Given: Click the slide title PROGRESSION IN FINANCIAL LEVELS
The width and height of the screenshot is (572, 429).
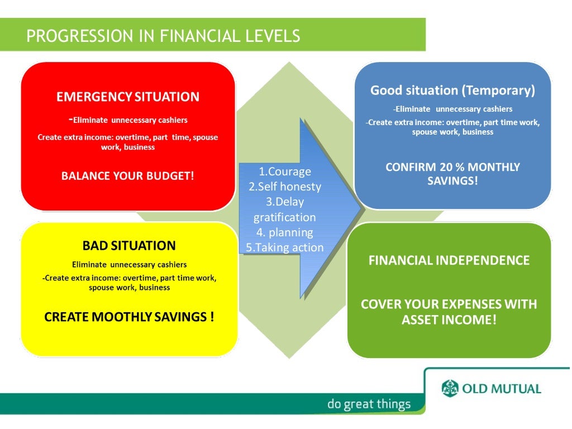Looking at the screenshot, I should coord(163,36).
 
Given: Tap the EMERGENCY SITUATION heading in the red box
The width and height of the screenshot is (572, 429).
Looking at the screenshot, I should coord(127,97).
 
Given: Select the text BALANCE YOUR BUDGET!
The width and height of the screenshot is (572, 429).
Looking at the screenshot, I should coord(127,175).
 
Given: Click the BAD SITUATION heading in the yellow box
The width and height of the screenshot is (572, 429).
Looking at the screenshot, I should coord(129,246).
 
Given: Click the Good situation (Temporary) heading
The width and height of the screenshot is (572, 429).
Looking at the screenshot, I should coord(452,90).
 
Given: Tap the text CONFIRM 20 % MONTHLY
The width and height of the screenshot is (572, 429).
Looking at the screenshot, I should coord(452,167).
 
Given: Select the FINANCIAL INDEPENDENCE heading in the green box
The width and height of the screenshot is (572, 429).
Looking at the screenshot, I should coord(449,260).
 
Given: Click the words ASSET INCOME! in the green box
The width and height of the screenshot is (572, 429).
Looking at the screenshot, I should coord(449,320).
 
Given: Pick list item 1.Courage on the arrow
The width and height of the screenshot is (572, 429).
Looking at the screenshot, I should coord(285,171).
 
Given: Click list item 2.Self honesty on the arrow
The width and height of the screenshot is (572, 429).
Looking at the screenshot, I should coord(285,187).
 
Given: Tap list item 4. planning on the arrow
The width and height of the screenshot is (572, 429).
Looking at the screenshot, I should coord(285,232).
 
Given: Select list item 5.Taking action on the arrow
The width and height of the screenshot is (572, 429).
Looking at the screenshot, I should coord(285,247).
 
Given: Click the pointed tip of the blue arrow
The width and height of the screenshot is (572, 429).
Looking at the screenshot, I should coord(363,208).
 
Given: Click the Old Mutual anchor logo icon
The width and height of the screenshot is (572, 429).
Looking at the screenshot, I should coord(450,388).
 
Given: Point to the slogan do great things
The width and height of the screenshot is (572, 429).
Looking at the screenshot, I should coord(369,404).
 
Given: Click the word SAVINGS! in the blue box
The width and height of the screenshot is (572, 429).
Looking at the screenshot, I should coord(452,182).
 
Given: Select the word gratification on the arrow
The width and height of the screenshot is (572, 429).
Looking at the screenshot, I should coord(285,217).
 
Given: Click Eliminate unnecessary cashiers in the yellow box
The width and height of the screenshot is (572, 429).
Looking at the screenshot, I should coord(129,264).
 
